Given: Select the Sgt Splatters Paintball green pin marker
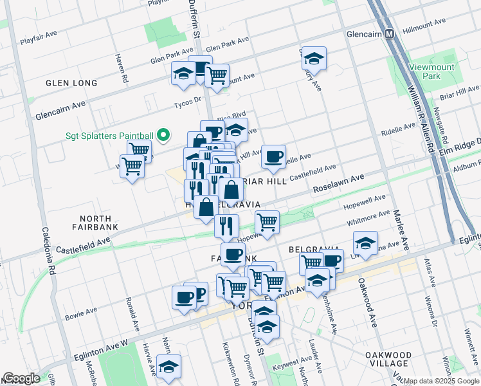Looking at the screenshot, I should point(163,135).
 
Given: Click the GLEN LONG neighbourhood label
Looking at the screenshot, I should point(71,83).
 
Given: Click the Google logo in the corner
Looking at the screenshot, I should point(21,378).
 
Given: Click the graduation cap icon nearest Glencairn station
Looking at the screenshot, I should point(313,59).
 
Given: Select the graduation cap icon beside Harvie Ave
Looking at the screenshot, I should point(168,366).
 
